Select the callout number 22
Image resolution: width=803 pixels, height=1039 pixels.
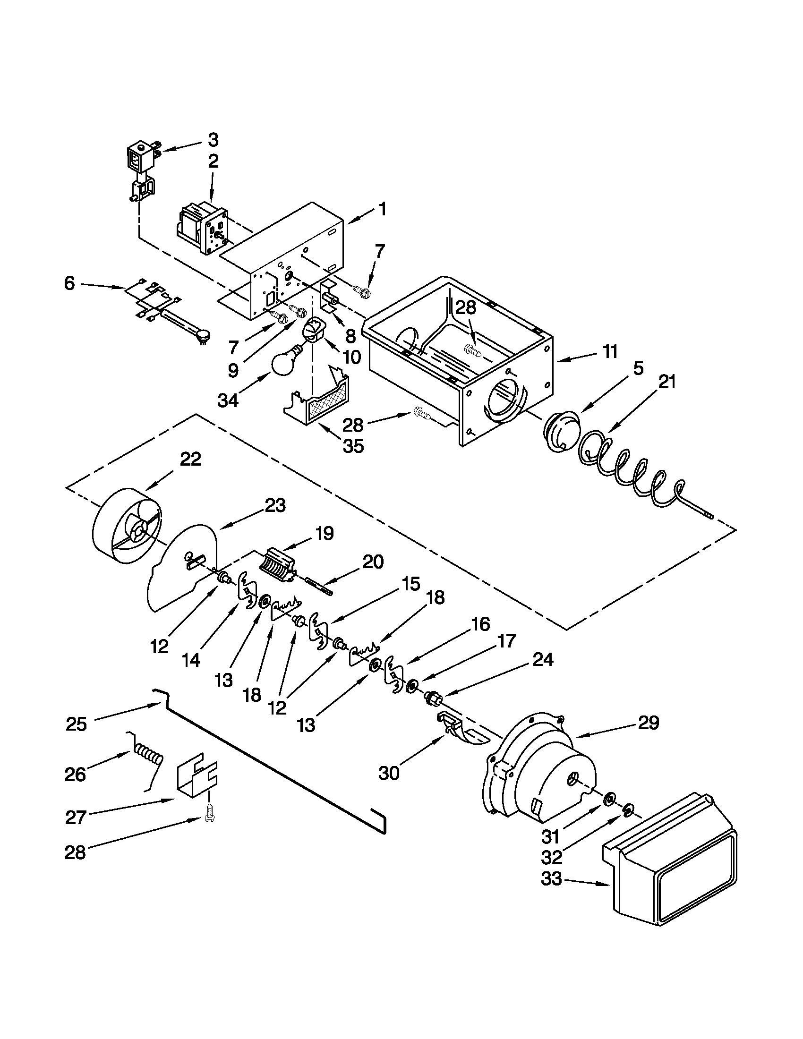[190, 459]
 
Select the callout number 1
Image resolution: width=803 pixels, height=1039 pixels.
[383, 209]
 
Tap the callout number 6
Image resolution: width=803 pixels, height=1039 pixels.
[69, 284]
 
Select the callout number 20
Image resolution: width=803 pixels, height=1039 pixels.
[373, 562]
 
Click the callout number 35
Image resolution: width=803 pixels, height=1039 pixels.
[353, 446]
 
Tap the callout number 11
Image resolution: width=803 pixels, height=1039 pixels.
[610, 351]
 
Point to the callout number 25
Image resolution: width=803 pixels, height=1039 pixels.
[76, 724]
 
